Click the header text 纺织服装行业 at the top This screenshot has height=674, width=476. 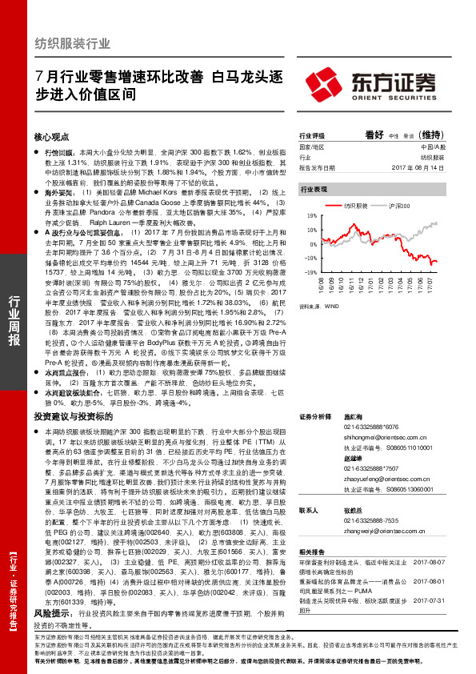pyautogui.click(x=72, y=43)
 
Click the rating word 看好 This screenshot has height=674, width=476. pyautogui.click(x=375, y=135)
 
